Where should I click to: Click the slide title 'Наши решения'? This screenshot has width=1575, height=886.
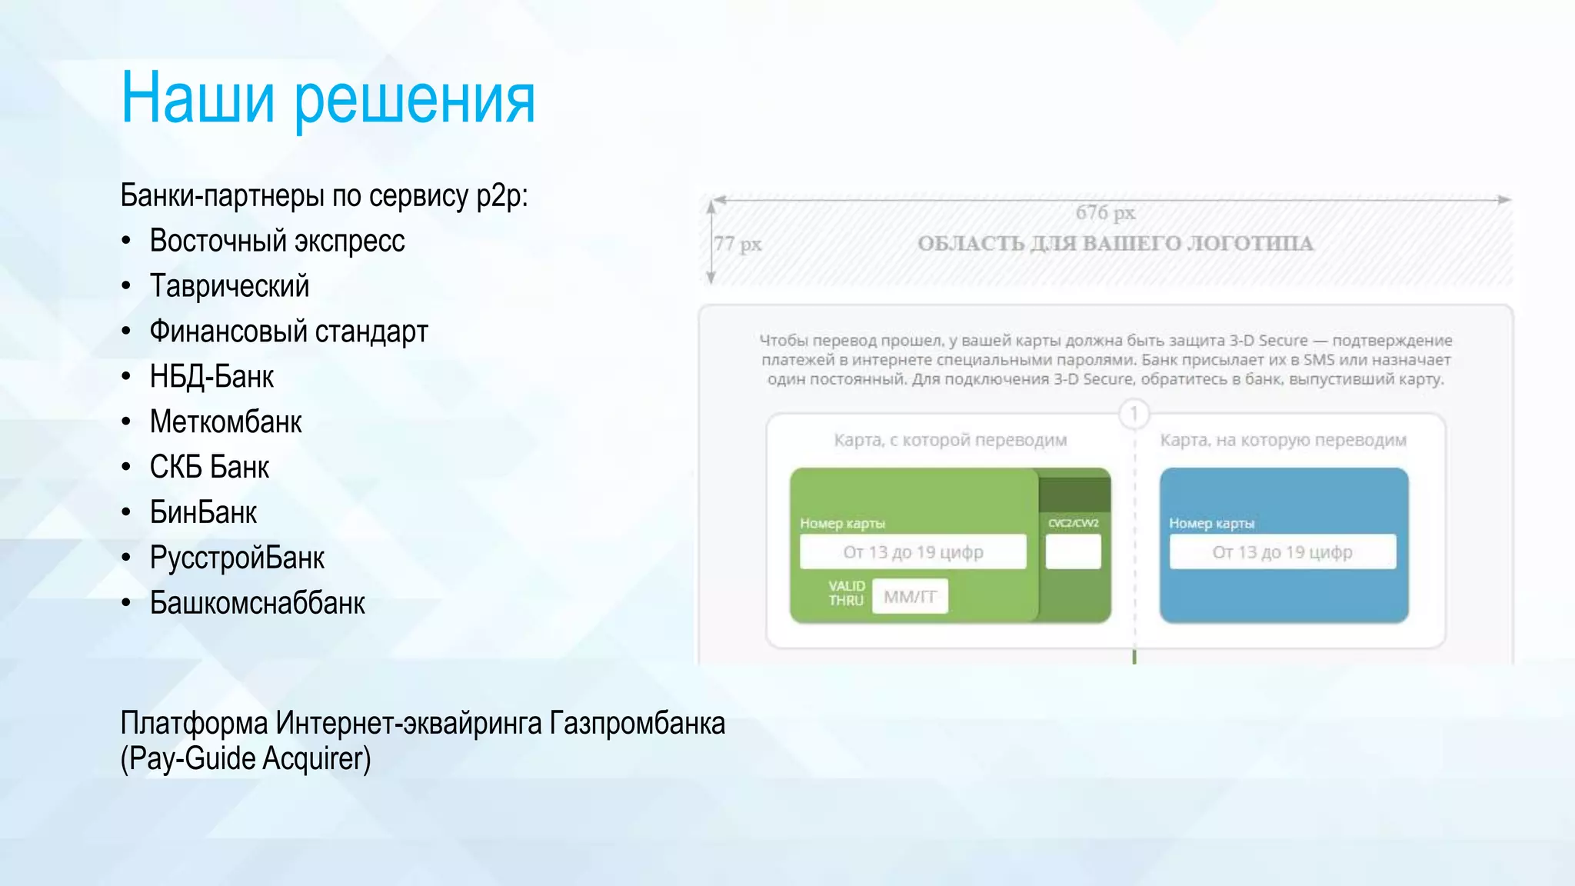pyautogui.click(x=328, y=98)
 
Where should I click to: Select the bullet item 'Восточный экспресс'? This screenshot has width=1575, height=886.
pyautogui.click(x=277, y=241)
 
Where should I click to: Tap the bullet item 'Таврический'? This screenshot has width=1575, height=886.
pyautogui.click(x=229, y=286)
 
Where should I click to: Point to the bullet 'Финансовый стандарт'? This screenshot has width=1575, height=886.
pyautogui.click(x=288, y=331)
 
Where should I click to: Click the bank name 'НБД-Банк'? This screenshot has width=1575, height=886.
pyautogui.click(x=211, y=377)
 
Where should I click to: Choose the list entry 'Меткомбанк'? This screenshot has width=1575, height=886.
pyautogui.click(x=225, y=422)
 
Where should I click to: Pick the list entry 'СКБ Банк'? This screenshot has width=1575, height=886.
pyautogui.click(x=209, y=468)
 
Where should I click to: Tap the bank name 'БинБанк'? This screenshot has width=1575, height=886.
pyautogui.click(x=203, y=513)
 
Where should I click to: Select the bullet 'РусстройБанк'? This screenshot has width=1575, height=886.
pyautogui.click(x=237, y=558)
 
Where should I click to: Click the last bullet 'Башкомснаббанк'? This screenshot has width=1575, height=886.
pyautogui.click(x=257, y=604)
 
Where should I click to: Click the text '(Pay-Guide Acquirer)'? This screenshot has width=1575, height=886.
pyautogui.click(x=245, y=759)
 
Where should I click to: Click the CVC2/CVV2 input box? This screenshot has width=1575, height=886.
pyautogui.click(x=1073, y=551)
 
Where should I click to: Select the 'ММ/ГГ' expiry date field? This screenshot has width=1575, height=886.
pyautogui.click(x=910, y=597)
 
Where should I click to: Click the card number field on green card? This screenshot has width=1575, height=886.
pyautogui.click(x=913, y=552)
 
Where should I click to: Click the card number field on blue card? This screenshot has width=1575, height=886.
pyautogui.click(x=1282, y=552)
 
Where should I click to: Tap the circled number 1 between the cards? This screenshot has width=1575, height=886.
pyautogui.click(x=1134, y=415)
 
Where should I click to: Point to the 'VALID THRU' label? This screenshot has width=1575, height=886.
pyautogui.click(x=846, y=593)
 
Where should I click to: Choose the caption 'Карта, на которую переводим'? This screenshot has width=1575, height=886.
pyautogui.click(x=1283, y=441)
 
